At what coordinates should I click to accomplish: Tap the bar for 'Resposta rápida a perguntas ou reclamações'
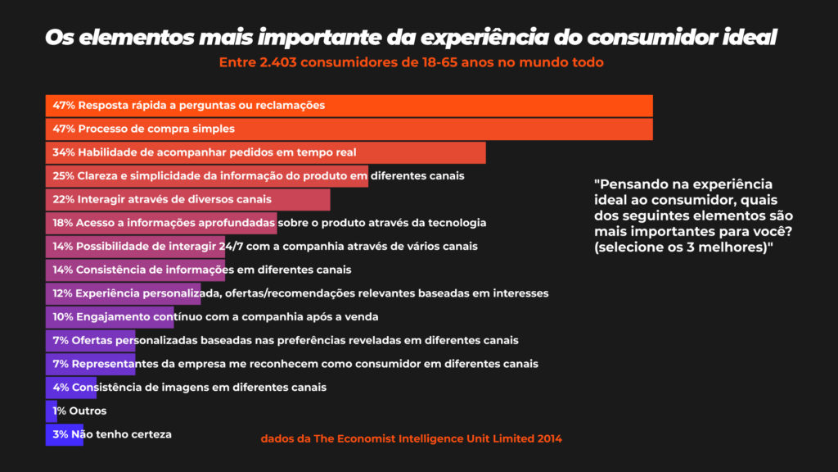(x=491, y=106)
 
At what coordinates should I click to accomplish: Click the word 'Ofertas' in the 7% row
(x=92, y=340)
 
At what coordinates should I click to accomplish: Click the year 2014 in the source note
(x=549, y=439)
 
